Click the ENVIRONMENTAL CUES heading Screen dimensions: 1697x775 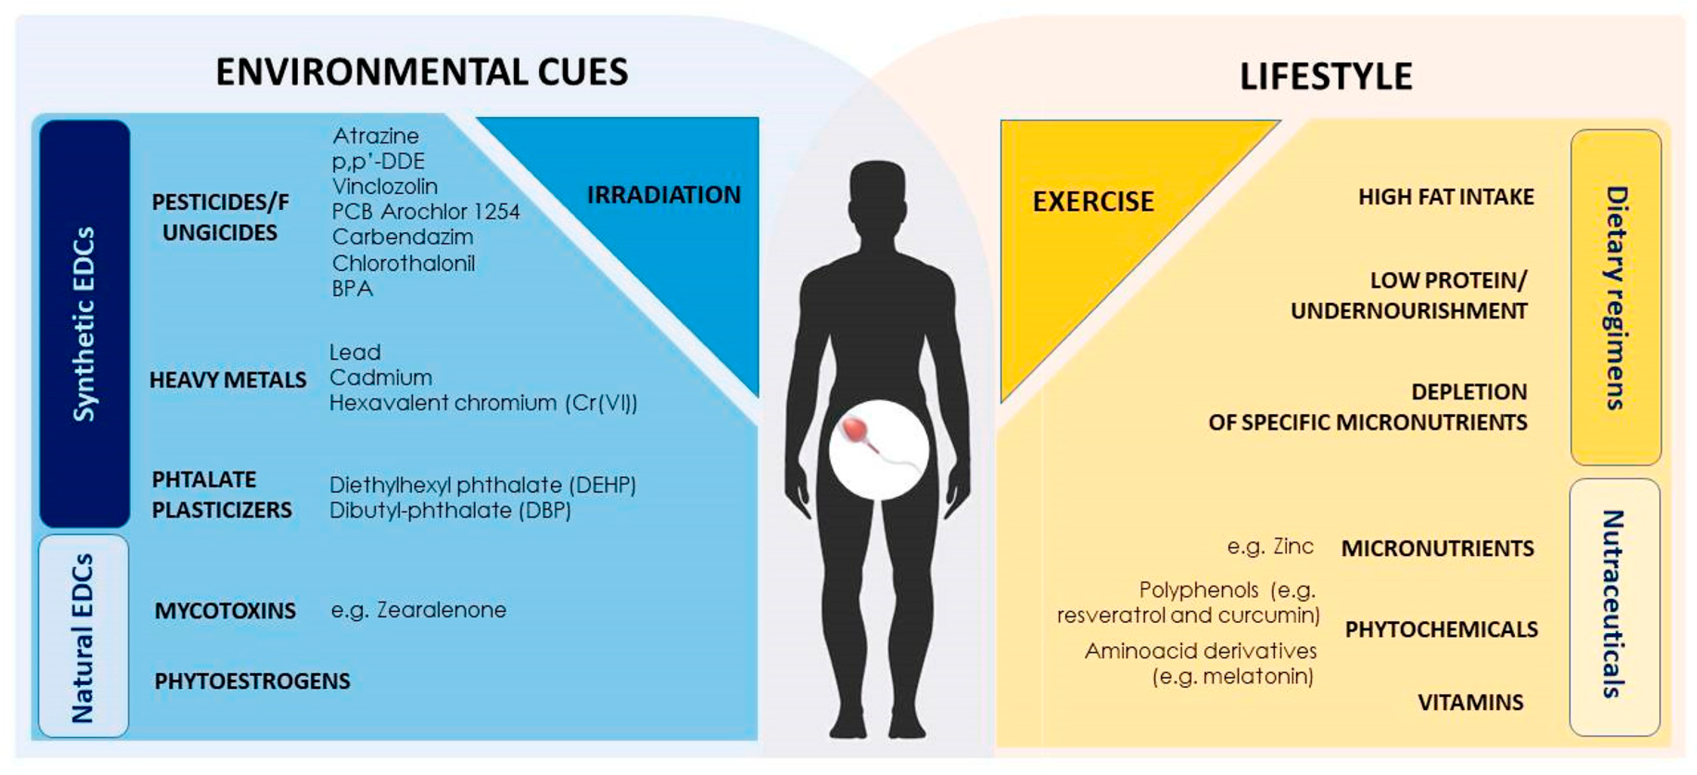422,72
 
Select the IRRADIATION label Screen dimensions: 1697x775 664,195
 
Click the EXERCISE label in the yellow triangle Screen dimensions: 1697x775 1093,202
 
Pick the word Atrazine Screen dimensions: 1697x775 375,136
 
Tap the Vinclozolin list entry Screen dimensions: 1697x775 385,186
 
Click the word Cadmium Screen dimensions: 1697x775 381,378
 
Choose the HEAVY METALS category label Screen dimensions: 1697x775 228,380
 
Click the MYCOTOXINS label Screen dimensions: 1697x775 225,611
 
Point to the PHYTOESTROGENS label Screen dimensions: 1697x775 252,681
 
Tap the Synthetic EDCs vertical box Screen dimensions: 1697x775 84,323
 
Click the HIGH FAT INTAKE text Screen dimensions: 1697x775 1446,197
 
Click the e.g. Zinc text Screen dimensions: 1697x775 1270,546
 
